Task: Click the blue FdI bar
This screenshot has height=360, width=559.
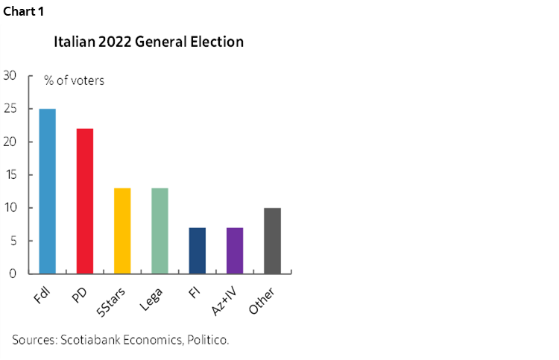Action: (47, 191)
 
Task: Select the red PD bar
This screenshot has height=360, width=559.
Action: (84, 200)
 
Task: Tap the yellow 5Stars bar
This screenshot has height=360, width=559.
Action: (122, 230)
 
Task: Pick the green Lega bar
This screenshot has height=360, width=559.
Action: (160, 230)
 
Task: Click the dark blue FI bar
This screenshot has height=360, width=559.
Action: (197, 250)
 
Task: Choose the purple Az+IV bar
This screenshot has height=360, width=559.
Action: (235, 250)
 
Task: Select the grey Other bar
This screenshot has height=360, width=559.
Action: (272, 241)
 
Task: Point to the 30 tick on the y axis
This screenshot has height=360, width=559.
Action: (10, 75)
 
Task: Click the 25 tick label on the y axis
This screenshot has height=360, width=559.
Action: (10, 109)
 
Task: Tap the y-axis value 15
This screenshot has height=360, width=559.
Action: (10, 174)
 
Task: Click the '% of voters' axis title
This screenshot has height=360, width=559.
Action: (74, 80)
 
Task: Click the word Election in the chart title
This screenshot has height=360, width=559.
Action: (215, 42)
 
